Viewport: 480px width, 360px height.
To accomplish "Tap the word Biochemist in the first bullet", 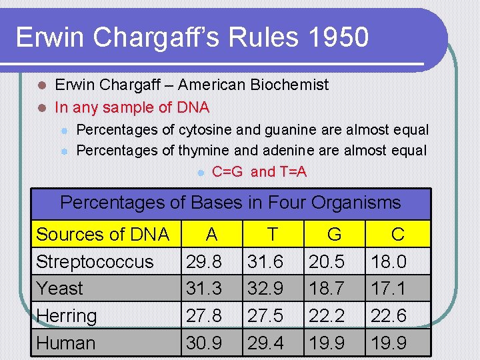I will (x=290, y=85).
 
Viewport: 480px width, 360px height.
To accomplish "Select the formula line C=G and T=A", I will (x=259, y=172).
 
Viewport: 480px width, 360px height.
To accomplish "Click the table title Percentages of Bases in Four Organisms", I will (x=231, y=202).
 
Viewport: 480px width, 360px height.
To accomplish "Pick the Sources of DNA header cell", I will (x=103, y=235).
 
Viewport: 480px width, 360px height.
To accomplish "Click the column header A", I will (x=211, y=235).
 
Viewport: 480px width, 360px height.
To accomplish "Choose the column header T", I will (x=272, y=235).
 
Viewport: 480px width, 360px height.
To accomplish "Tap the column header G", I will (x=334, y=235).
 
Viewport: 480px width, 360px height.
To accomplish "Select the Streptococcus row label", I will (x=95, y=262).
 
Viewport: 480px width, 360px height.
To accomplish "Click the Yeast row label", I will (x=60, y=289).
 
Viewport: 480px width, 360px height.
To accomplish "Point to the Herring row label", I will (x=67, y=316).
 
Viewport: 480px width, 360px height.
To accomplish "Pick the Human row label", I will (x=65, y=343).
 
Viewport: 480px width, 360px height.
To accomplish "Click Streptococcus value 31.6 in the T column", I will (x=265, y=262).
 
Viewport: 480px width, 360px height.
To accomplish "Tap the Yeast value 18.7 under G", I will (x=327, y=289).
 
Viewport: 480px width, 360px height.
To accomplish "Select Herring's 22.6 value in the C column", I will (x=389, y=316).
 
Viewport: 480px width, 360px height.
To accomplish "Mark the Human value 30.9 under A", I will (x=204, y=343).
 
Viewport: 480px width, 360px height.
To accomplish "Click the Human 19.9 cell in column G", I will (x=327, y=343).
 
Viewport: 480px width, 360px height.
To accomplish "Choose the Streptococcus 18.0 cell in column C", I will (x=389, y=262).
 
